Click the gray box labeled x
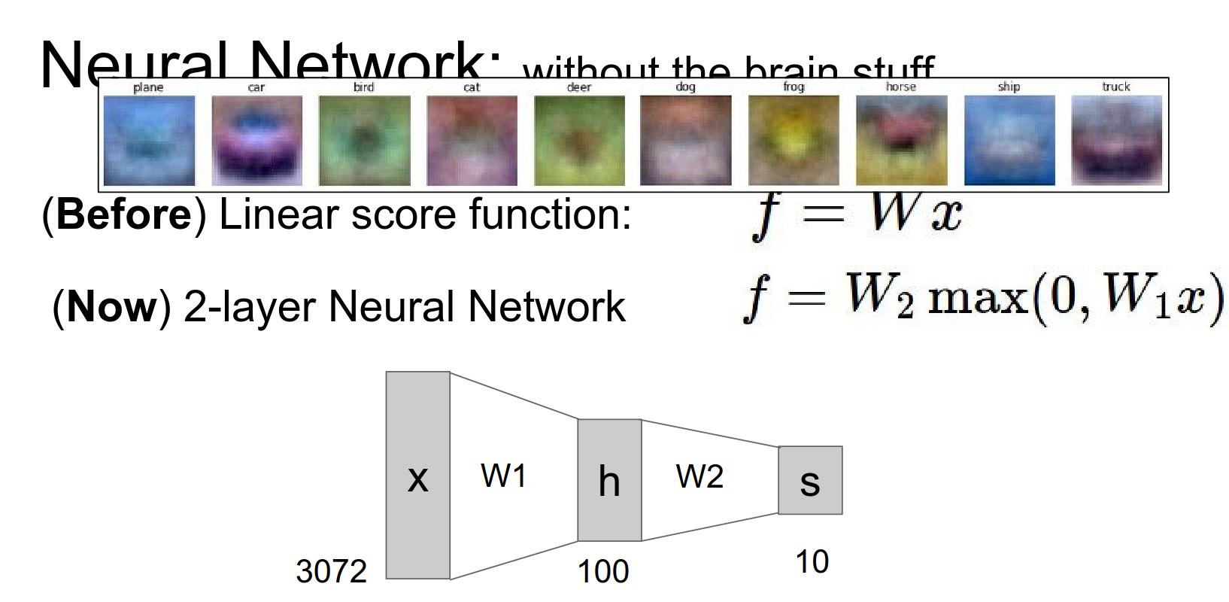[418, 475]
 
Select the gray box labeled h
[609, 480]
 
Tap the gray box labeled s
[810, 480]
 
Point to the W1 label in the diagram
[503, 476]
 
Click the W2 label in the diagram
[699, 476]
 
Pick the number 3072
[331, 571]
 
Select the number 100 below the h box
[603, 571]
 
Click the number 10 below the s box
[812, 561]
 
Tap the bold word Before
[124, 214]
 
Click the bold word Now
[112, 307]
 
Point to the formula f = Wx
[857, 214]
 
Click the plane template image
[149, 141]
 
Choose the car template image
[256, 141]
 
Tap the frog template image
[794, 141]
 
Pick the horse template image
[901, 141]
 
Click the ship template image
[1009, 141]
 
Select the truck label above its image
[1116, 87]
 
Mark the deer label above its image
[578, 87]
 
